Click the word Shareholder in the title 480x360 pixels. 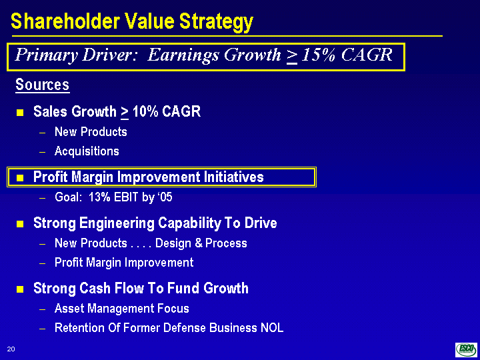65,21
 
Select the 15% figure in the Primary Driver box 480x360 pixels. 319,55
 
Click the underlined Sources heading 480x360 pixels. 42,85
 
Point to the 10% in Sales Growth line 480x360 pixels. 145,112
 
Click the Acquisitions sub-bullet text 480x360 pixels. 87,151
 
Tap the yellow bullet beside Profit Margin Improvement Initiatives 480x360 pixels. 20,177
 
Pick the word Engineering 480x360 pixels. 117,224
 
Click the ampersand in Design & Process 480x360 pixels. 199,243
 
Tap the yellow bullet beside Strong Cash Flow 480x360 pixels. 20,289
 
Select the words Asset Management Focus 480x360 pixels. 122,308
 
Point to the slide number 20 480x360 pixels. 11,349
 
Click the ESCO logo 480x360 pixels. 466,349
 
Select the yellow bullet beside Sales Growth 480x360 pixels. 20,113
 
